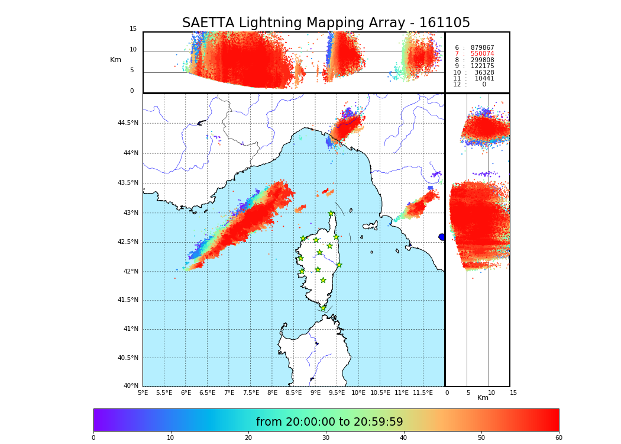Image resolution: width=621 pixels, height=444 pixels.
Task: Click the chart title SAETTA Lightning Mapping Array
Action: click(326, 23)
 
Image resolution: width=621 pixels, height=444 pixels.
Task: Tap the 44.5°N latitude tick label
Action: click(128, 123)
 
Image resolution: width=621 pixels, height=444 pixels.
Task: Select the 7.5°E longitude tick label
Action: click(251, 392)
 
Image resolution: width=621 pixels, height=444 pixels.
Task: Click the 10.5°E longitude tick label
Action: click(380, 392)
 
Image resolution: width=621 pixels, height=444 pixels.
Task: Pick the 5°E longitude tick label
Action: click(143, 392)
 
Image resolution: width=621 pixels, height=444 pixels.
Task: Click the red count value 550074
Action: click(482, 54)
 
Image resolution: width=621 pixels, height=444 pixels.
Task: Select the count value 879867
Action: click(482, 48)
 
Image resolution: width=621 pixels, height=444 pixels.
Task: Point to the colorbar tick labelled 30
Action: click(326, 438)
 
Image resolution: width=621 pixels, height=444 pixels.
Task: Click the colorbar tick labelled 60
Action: click(558, 438)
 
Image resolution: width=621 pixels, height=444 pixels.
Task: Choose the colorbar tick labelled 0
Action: click(93, 438)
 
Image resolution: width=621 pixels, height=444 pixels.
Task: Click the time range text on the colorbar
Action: click(329, 422)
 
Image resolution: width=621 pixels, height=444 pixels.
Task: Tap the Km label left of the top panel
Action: click(115, 60)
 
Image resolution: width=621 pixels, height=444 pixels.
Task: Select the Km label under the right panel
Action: click(483, 398)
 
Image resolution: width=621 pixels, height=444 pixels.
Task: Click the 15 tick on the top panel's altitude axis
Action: click(133, 29)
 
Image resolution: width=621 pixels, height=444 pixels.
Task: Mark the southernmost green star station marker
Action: click(323, 308)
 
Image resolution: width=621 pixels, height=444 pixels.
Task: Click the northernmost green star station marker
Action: click(331, 214)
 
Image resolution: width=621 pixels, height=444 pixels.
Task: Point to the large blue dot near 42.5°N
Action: click(442, 237)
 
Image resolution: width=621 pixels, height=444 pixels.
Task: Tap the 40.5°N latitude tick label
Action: click(128, 358)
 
